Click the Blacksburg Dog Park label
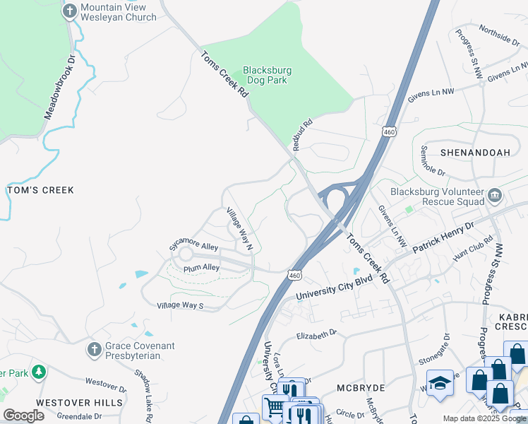pyautogui.click(x=268, y=76)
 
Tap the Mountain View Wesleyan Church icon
pyautogui.click(x=69, y=11)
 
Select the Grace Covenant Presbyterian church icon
pyautogui.click(x=93, y=349)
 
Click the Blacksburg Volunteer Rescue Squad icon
pyautogui.click(x=494, y=194)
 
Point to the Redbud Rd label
pyautogui.click(x=302, y=130)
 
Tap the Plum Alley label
pyautogui.click(x=201, y=268)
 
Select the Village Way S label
pyautogui.click(x=180, y=306)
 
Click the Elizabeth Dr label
pyautogui.click(x=318, y=336)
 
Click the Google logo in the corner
pyautogui.click(x=23, y=416)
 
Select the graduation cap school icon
pyautogui.click(x=440, y=382)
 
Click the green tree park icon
pyautogui.click(x=38, y=372)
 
